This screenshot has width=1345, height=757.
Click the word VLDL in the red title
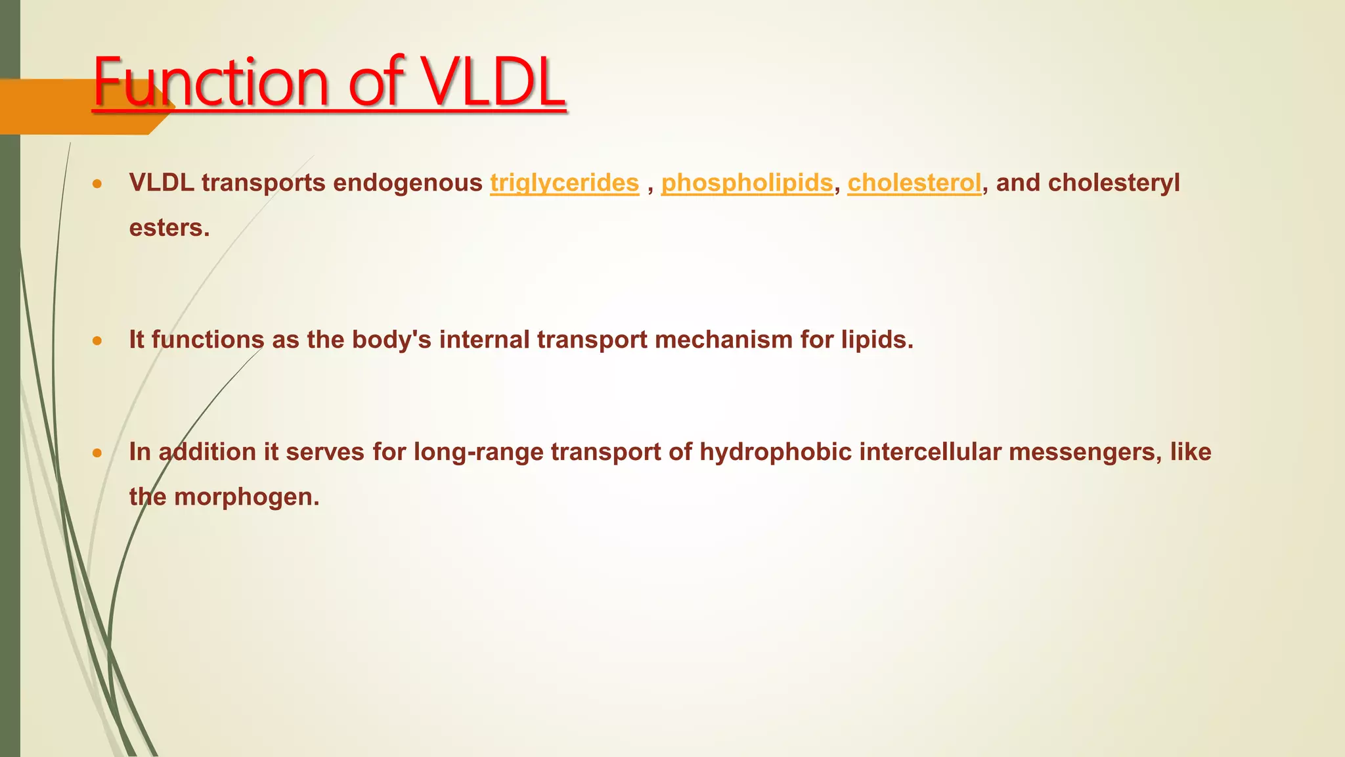point(493,83)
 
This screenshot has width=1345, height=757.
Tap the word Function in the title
point(210,83)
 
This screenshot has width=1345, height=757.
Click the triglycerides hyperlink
point(564,183)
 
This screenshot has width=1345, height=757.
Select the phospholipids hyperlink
point(747,183)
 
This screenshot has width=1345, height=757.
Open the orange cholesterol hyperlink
point(914,183)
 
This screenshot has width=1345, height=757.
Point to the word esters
point(169,228)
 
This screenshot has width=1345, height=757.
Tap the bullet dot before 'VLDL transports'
point(97,184)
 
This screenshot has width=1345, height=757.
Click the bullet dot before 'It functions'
point(97,340)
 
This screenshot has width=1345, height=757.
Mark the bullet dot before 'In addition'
point(97,453)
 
